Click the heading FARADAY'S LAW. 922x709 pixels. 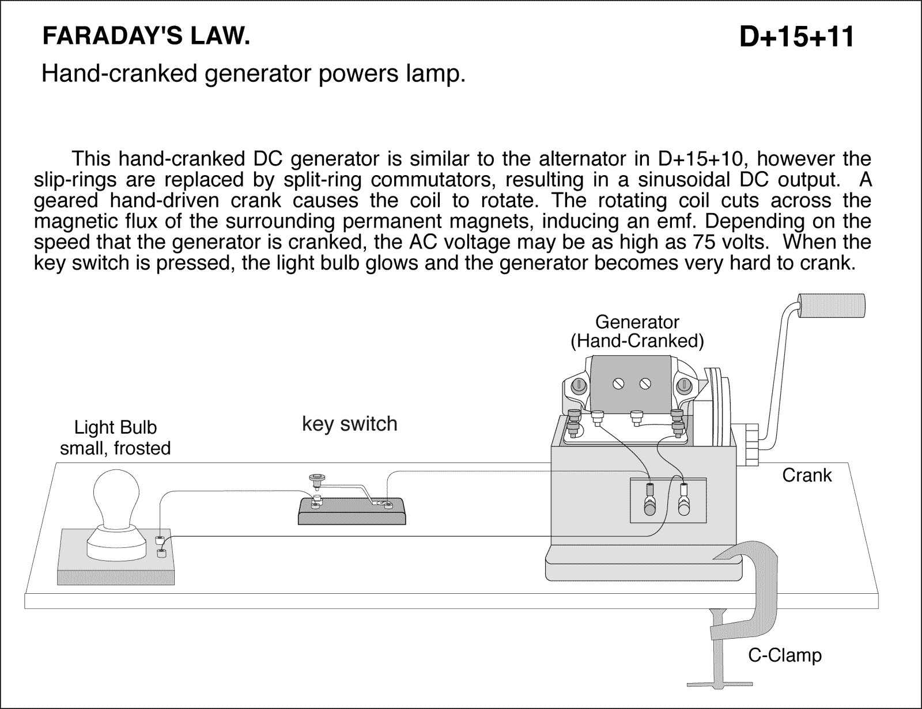click(146, 37)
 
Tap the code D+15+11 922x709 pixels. click(796, 37)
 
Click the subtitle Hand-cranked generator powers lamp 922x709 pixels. click(253, 74)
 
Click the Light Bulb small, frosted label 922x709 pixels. click(115, 438)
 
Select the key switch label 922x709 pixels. click(349, 424)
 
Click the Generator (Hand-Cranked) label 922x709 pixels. click(637, 331)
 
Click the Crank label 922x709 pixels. click(806, 475)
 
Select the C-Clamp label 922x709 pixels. click(784, 655)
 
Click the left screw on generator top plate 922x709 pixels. click(619, 384)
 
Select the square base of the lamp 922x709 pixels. click(115, 567)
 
